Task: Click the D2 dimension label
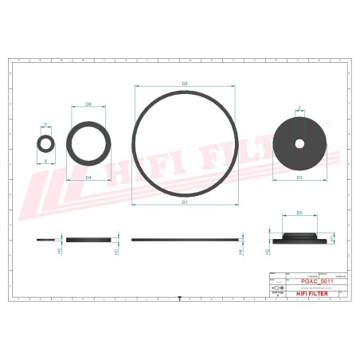(185, 83)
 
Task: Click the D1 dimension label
(185, 202)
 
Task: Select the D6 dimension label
(88, 104)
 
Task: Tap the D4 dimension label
(88, 177)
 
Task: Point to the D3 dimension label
(299, 178)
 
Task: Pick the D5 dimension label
(299, 213)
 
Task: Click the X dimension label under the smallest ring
(45, 161)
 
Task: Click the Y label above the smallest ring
(45, 124)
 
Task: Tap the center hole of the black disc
(299, 143)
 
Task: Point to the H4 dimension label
(241, 250)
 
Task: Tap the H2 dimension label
(268, 251)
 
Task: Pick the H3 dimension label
(117, 251)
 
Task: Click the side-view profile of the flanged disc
(299, 238)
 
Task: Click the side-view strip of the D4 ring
(88, 239)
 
